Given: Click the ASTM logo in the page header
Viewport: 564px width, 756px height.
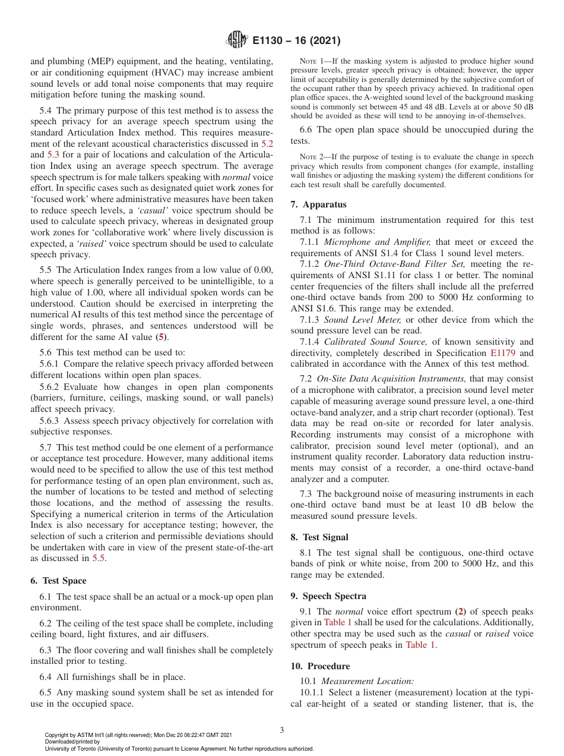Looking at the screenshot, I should coord(237,40).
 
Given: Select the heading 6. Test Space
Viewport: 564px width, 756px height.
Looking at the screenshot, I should coord(58,581).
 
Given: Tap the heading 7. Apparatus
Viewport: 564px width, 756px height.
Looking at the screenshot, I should coord(318,204).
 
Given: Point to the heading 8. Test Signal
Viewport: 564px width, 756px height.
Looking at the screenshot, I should coord(319,537).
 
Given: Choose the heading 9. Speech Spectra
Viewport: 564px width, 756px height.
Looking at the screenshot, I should coord(328,596).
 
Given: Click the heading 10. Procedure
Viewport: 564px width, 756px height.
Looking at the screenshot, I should coord(320,666).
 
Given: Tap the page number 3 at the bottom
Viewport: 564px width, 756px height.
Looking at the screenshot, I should coord(282,730).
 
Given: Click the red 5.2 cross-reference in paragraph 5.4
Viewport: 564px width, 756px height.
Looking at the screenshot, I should coord(267,144).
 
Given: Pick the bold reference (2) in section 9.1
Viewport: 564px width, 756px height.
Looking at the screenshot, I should coord(460,612).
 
